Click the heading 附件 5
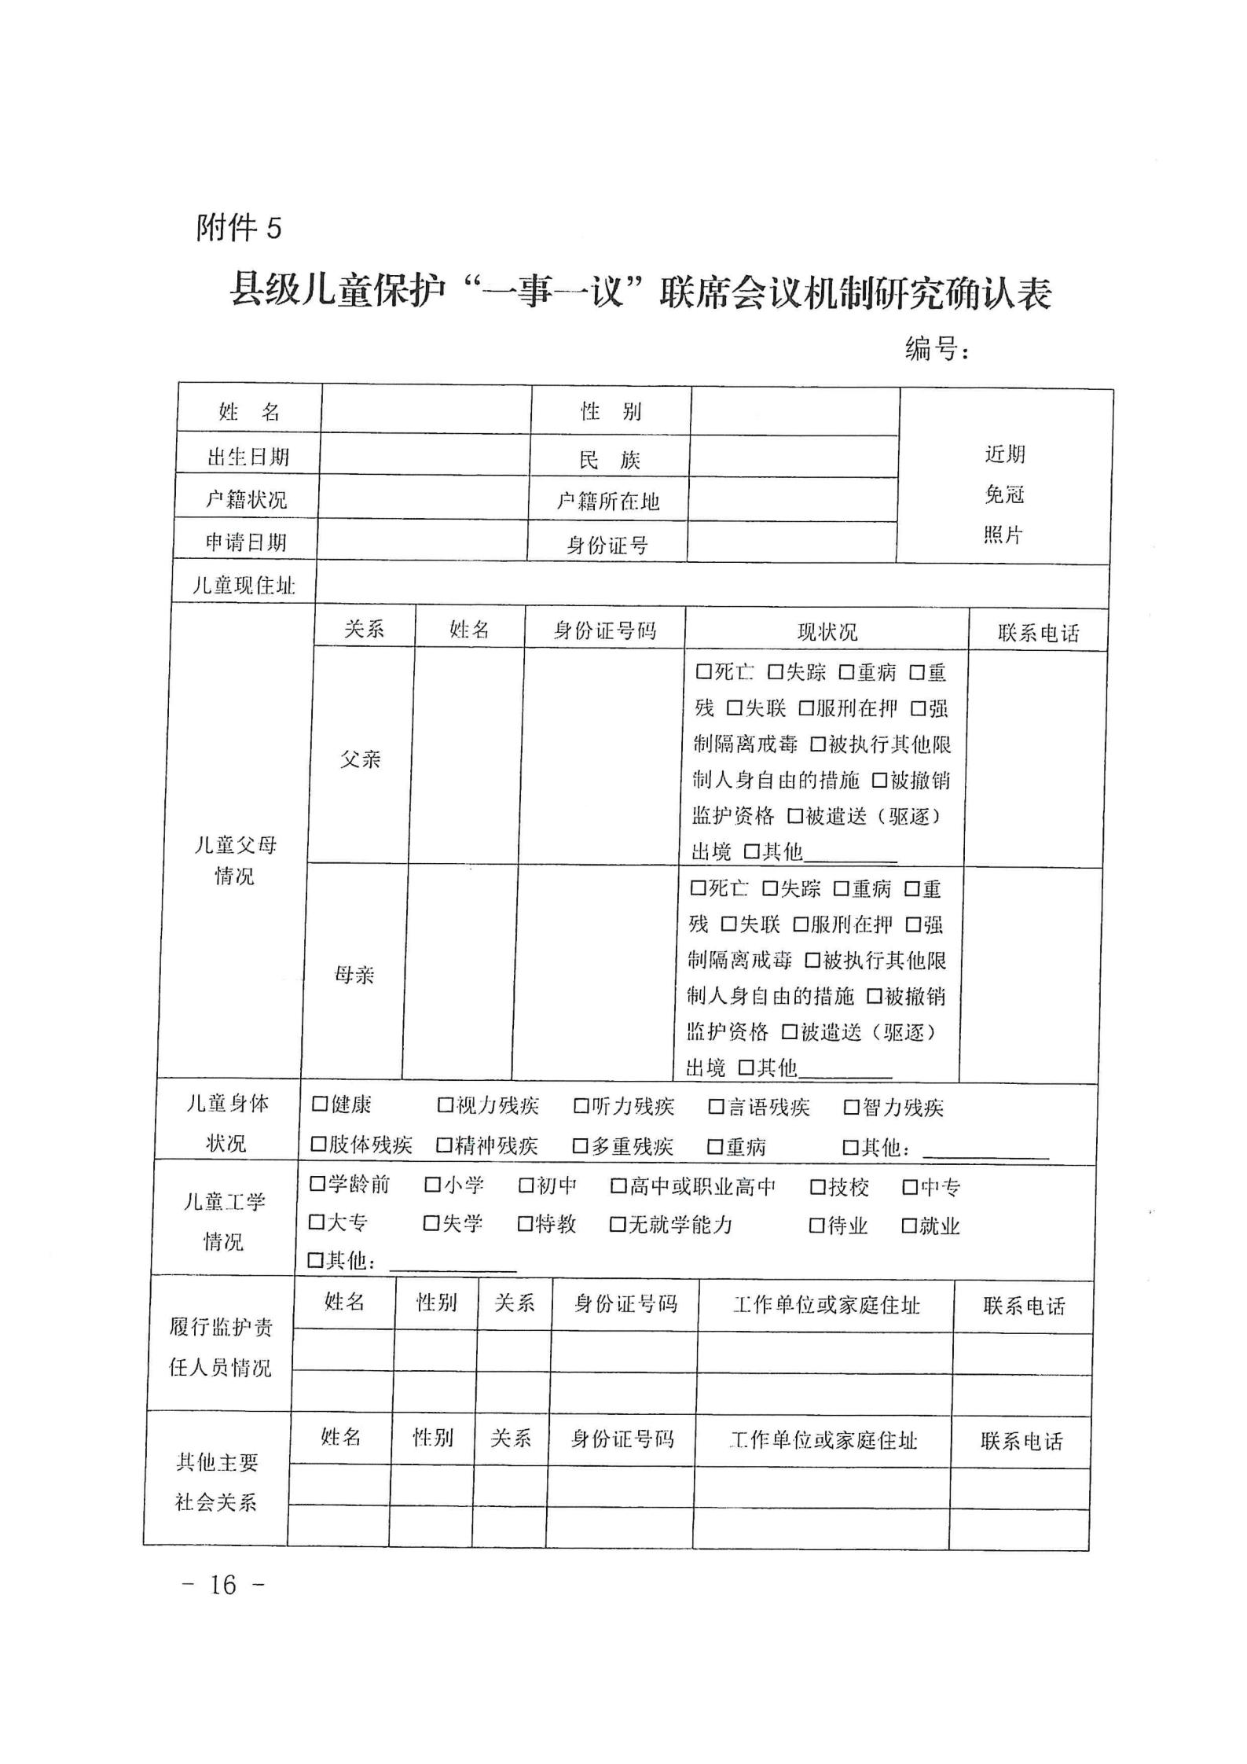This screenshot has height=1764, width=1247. tap(238, 229)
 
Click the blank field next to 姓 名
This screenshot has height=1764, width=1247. tap(426, 409)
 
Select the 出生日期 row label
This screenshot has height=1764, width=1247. tap(248, 457)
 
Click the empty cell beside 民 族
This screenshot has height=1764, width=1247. tap(794, 457)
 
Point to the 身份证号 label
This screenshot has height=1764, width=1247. tap(607, 544)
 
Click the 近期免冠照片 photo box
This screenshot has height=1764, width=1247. tap(1004, 494)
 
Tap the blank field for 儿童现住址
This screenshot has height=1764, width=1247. tap(711, 584)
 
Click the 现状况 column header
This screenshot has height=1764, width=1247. tap(827, 631)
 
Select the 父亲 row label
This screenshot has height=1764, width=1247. tap(361, 759)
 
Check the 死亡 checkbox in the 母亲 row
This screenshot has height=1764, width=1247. tap(698, 889)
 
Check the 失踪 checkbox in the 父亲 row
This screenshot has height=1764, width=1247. tap(776, 673)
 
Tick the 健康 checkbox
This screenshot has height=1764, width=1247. tap(320, 1104)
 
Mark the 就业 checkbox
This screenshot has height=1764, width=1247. tap(909, 1226)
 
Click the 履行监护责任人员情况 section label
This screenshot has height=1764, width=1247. tap(221, 1347)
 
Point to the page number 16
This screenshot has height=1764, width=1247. tap(223, 1585)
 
